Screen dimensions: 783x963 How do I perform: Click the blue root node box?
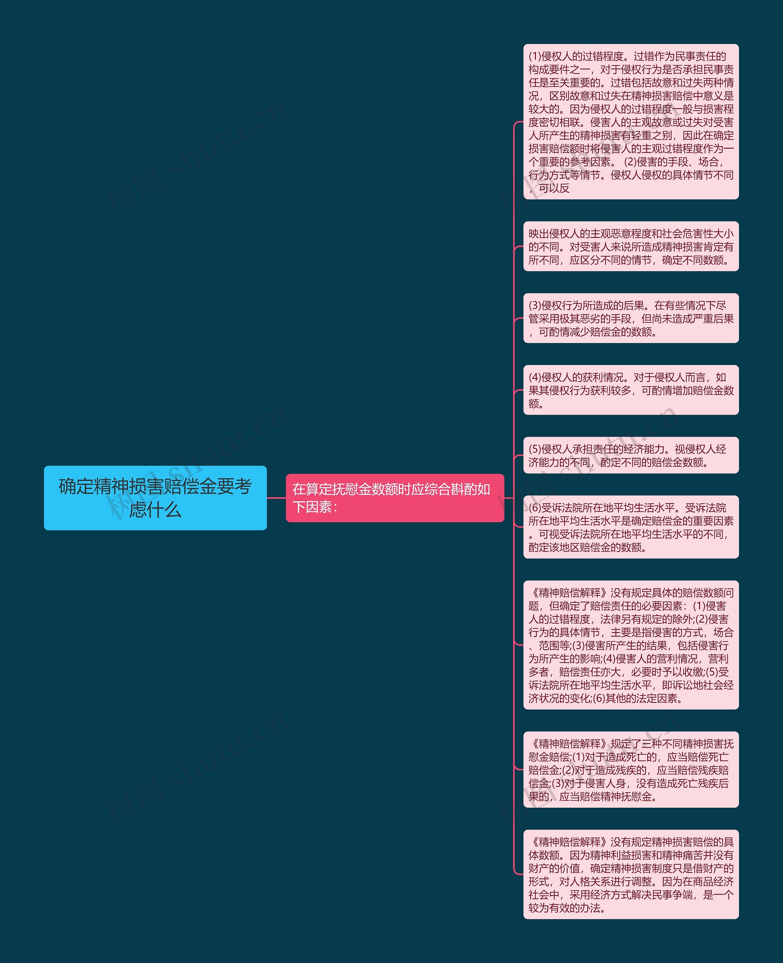tap(155, 498)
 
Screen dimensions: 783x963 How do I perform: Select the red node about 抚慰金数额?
tap(395, 498)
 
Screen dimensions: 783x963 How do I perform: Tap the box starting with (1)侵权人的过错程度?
tap(631, 121)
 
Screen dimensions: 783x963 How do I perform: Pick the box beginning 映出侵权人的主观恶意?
tap(631, 246)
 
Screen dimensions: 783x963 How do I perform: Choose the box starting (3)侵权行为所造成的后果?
tap(631, 318)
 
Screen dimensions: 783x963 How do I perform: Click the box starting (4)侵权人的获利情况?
tap(631, 390)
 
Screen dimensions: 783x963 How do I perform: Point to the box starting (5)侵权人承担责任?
tap(631, 455)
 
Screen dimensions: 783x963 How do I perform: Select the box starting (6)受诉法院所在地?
tap(631, 527)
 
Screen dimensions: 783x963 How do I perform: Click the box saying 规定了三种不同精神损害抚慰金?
tap(631, 770)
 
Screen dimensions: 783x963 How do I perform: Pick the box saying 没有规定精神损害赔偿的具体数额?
tap(631, 874)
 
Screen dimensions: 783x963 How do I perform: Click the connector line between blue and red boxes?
tap(276, 498)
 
